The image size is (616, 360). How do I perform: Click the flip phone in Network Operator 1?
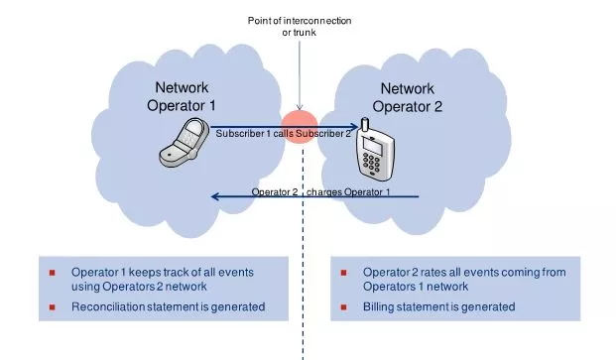tap(184, 142)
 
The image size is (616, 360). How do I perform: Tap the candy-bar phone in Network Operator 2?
tap(374, 150)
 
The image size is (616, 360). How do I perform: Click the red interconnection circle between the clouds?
tap(300, 126)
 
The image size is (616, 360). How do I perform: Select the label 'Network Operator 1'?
tap(182, 96)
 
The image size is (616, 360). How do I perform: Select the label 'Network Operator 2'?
tap(408, 97)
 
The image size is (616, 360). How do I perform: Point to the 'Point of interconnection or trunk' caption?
tap(300, 27)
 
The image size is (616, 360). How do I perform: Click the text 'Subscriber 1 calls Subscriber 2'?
tap(284, 134)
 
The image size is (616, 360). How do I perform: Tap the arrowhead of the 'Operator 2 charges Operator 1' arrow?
tap(214, 196)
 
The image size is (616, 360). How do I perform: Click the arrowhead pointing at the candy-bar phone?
tap(355, 126)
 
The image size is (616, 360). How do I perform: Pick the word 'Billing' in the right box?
tap(378, 306)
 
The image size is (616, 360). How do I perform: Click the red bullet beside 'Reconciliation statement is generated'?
tap(52, 307)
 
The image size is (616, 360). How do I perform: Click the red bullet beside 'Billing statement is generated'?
tap(343, 307)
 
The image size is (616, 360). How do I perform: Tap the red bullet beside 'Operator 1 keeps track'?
tap(52, 273)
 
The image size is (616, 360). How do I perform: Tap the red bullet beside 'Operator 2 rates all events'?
tap(343, 273)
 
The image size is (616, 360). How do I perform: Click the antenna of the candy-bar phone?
tap(365, 124)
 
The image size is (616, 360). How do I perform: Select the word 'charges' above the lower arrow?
tap(324, 192)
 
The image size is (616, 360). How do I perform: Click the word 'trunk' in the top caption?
tap(304, 32)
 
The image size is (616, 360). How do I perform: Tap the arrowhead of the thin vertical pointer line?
tap(300, 107)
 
